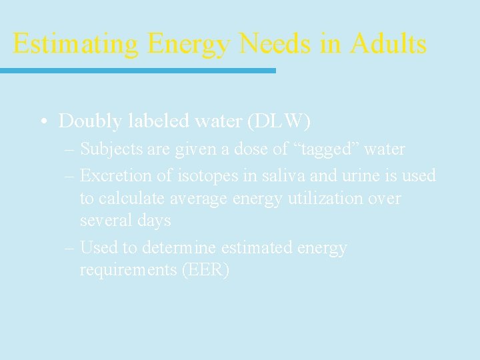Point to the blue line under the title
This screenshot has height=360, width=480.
(x=137, y=70)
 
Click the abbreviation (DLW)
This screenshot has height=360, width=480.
(x=278, y=121)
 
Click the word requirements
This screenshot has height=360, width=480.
(x=127, y=270)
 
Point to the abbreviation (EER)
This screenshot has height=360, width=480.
(x=204, y=270)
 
